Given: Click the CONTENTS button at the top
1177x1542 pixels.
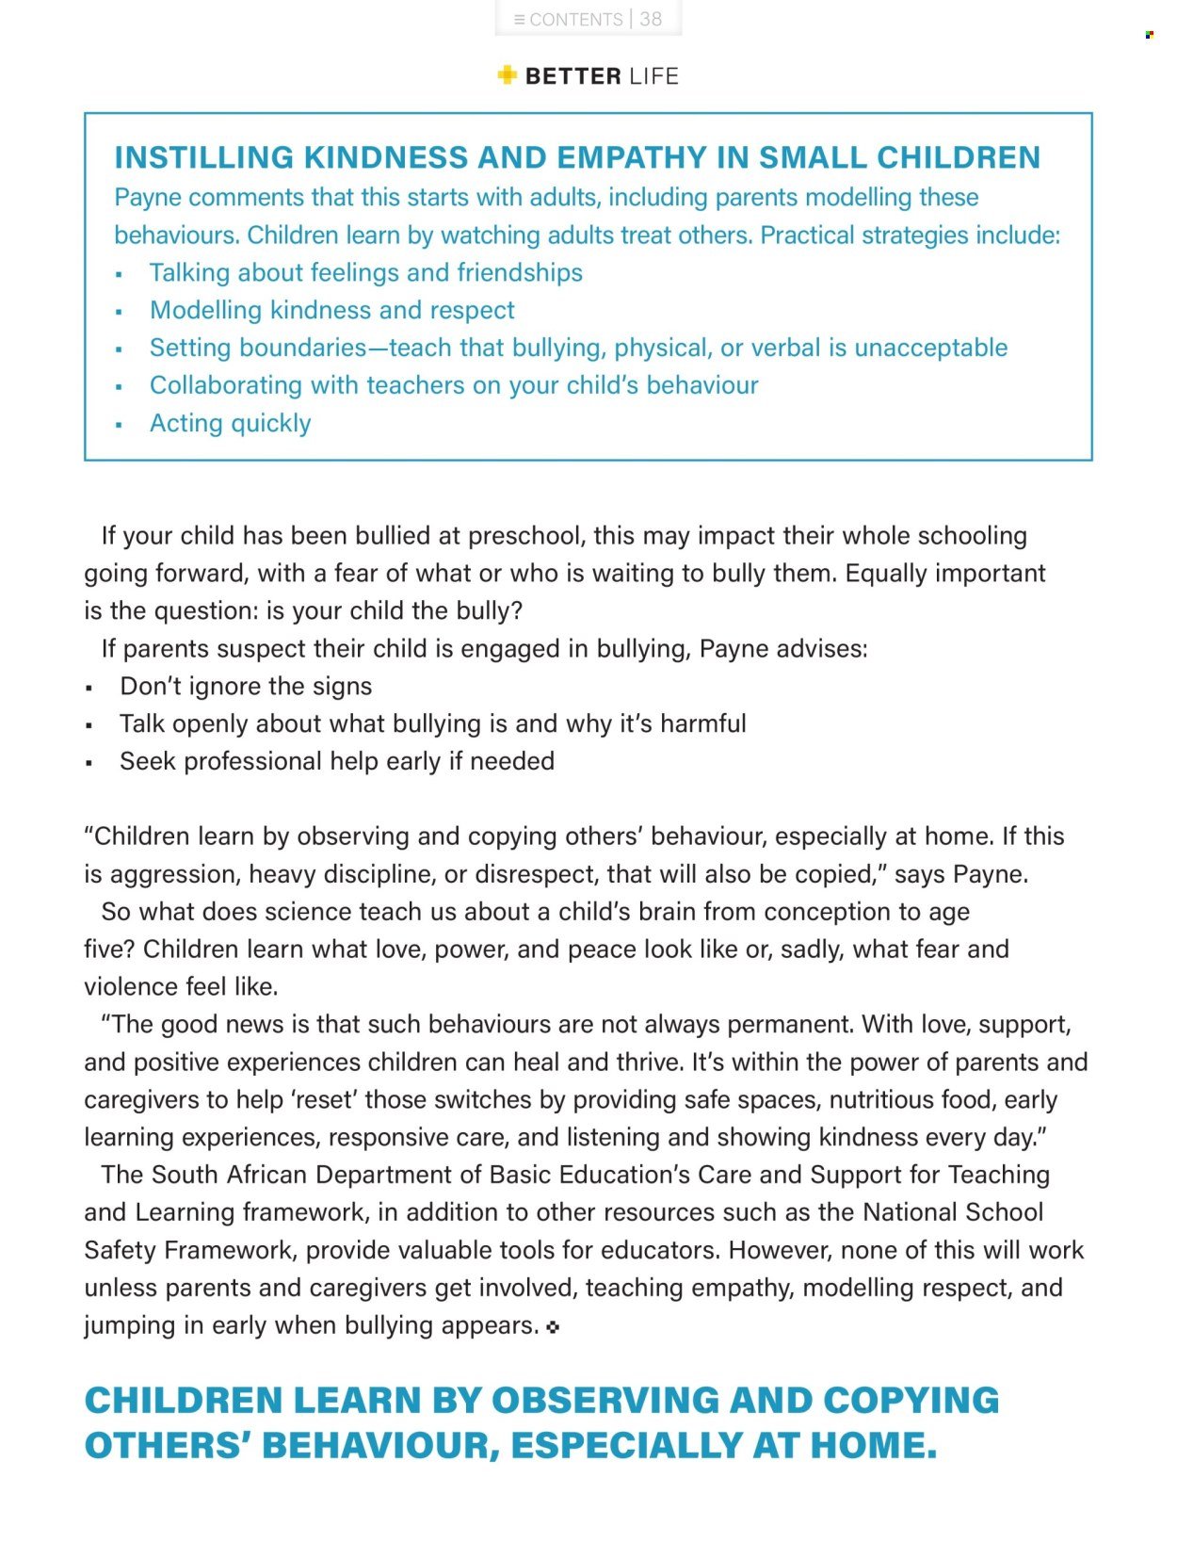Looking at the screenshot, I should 568,19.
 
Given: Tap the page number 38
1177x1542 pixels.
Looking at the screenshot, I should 651,19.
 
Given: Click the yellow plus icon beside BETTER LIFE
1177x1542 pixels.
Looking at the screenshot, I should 508,75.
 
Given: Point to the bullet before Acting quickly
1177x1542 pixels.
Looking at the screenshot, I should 119,425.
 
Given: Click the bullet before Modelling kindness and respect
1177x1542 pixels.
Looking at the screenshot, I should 119,312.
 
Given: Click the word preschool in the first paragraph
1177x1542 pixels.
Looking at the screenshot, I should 524,536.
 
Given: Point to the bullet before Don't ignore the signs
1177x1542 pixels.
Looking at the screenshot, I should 89,689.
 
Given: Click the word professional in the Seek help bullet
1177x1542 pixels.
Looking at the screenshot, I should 252,761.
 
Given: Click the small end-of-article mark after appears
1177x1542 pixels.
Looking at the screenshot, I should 553,1327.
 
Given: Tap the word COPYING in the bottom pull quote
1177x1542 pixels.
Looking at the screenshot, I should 911,1400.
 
